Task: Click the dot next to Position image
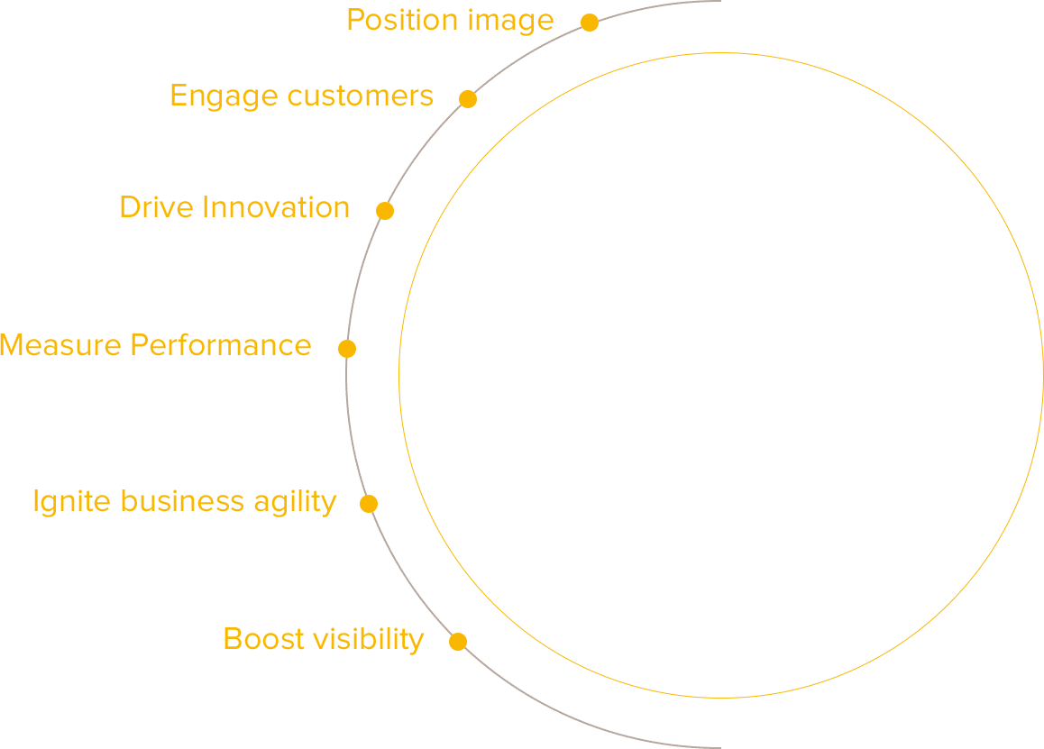click(x=590, y=23)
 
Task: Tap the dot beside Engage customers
click(x=468, y=99)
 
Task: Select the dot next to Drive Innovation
click(x=385, y=211)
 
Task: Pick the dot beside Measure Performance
click(x=347, y=349)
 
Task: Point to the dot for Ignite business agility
click(x=368, y=504)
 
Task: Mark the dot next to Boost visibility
click(x=458, y=642)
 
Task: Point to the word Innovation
click(x=276, y=207)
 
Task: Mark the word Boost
click(x=262, y=639)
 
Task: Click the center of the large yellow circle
click(x=721, y=375)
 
